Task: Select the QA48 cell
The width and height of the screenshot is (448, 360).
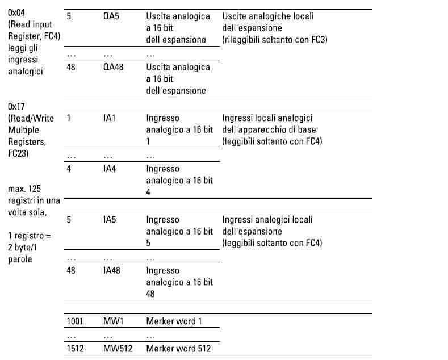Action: (114, 67)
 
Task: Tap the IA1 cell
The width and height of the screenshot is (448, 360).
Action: (110, 118)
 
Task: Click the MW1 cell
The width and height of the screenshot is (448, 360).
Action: (113, 321)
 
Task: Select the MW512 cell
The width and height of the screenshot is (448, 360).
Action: (118, 348)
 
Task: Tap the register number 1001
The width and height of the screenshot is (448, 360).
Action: (75, 321)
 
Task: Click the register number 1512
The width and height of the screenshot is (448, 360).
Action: (75, 348)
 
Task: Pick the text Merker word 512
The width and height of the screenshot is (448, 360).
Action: (178, 348)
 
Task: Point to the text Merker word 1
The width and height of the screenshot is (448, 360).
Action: (174, 321)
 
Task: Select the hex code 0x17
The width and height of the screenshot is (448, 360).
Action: (18, 106)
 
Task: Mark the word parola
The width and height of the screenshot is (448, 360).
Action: (21, 259)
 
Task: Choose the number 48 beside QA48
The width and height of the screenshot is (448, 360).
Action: (71, 67)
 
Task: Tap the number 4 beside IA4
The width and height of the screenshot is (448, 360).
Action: (69, 169)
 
